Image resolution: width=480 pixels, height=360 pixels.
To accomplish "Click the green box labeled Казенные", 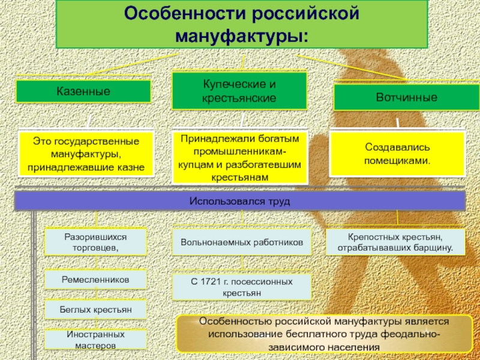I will (83, 92).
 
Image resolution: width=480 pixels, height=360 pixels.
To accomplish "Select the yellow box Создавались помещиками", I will (397, 154).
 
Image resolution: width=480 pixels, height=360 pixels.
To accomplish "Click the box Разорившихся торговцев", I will (96, 242).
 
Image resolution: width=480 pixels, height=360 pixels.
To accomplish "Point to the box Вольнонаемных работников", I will (242, 243).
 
